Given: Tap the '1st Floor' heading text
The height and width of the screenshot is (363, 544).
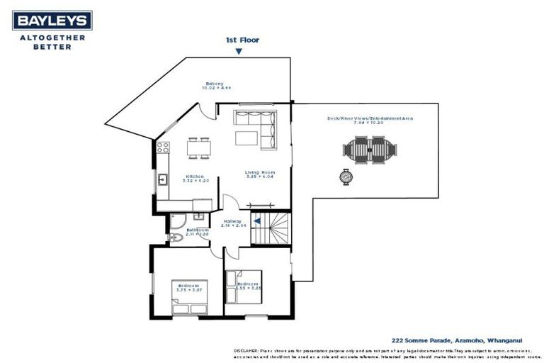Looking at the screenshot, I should (242, 40).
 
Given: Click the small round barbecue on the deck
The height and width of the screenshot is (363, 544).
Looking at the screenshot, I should (346, 177).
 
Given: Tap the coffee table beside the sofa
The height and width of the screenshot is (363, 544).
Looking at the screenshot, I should (246, 136).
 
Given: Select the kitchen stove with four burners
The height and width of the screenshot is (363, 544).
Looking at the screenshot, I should (162, 148).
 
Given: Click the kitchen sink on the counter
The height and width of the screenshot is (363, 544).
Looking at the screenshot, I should (162, 179).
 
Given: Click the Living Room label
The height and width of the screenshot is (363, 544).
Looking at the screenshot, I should (260, 172).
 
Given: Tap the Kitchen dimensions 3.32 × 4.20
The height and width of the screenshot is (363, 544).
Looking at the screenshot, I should (195, 181).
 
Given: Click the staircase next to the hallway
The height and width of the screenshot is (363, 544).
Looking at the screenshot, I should (273, 228).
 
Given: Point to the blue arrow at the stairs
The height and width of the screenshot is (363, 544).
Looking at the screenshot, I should (258, 221).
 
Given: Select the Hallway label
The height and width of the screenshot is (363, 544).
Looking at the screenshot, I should (232, 221).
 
